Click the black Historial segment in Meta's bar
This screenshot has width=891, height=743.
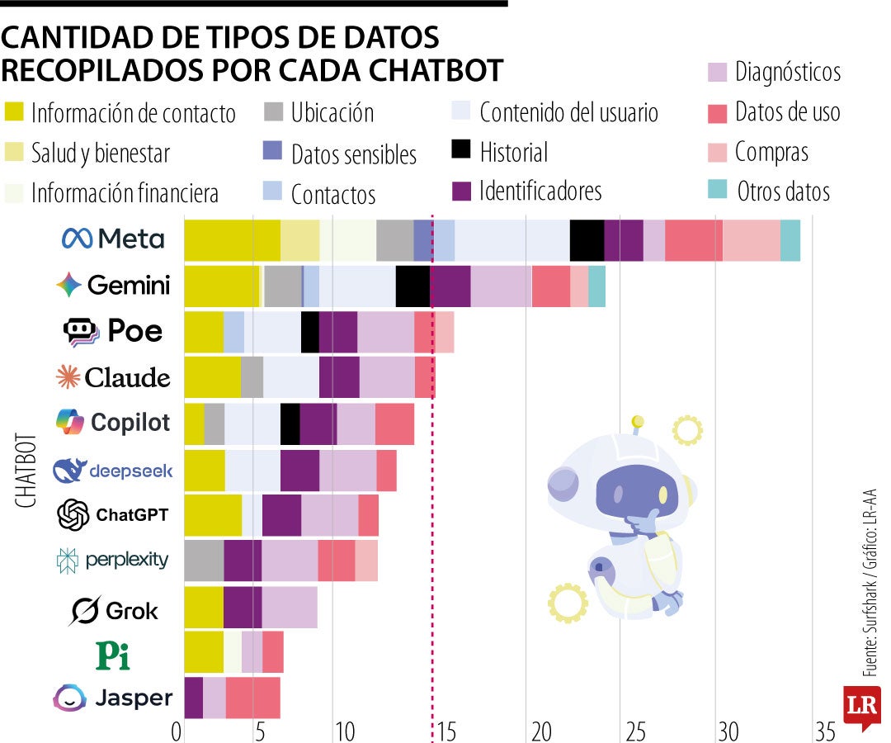click(x=587, y=241)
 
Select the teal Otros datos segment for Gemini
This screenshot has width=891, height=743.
click(x=596, y=286)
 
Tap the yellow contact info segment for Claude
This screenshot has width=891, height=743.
click(x=212, y=378)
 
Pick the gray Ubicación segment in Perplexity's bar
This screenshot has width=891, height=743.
click(x=204, y=561)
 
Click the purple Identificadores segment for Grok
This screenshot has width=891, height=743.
click(x=243, y=608)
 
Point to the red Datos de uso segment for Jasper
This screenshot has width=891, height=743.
click(x=252, y=698)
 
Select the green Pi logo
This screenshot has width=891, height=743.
click(x=113, y=655)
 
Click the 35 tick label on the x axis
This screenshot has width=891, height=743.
click(x=824, y=731)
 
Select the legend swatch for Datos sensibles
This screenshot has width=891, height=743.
click(x=273, y=152)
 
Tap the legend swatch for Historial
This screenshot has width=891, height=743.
click(x=462, y=150)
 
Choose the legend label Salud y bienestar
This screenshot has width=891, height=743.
click(x=101, y=154)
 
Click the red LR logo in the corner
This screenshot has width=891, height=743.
click(x=860, y=707)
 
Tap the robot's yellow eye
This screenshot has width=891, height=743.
click(x=662, y=494)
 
